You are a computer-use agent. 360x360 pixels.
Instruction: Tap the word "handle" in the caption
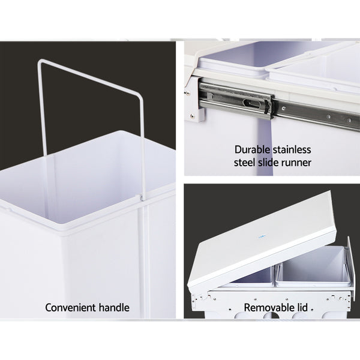114,308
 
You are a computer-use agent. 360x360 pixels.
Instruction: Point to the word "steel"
246,162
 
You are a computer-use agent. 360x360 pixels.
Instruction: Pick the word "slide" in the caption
273,162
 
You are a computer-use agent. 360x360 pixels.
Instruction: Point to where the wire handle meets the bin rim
143,196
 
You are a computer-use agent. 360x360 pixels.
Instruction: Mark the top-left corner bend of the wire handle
41,61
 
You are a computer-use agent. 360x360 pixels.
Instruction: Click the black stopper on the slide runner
268,106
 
